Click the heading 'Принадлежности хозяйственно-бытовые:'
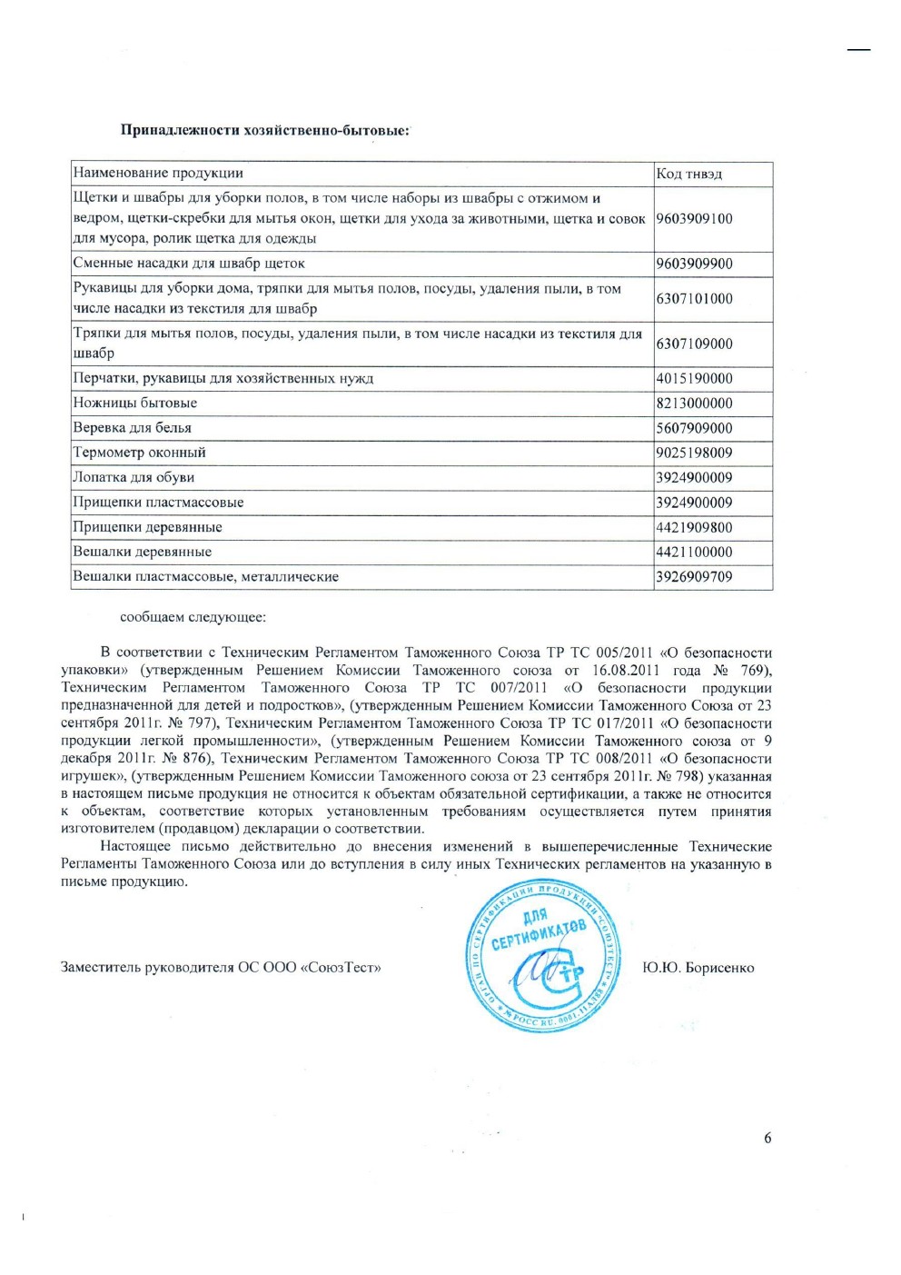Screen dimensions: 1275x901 point(264,130)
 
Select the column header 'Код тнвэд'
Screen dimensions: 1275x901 point(688,174)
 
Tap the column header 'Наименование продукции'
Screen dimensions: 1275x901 point(158,173)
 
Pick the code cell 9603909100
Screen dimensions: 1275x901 point(694,218)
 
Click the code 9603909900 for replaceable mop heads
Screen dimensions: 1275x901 point(694,264)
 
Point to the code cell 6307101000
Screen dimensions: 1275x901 point(694,298)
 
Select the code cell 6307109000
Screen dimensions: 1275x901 point(694,344)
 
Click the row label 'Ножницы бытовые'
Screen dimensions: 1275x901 point(135,403)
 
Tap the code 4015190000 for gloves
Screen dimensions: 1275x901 point(694,378)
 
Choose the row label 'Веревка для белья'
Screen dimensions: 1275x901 point(133,427)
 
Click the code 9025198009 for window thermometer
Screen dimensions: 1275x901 point(694,453)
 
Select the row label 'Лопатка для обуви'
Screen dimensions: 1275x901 point(134,477)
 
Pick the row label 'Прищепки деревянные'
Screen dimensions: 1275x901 point(147,527)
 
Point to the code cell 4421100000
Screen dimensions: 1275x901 point(694,552)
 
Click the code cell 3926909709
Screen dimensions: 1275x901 point(694,576)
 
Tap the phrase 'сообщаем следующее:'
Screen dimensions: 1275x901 point(193,617)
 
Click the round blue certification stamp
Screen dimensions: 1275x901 point(543,956)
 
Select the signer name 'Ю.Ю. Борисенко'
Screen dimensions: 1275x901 point(698,968)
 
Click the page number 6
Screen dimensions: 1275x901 point(767,1138)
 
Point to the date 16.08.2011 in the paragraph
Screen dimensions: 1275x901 point(626,670)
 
